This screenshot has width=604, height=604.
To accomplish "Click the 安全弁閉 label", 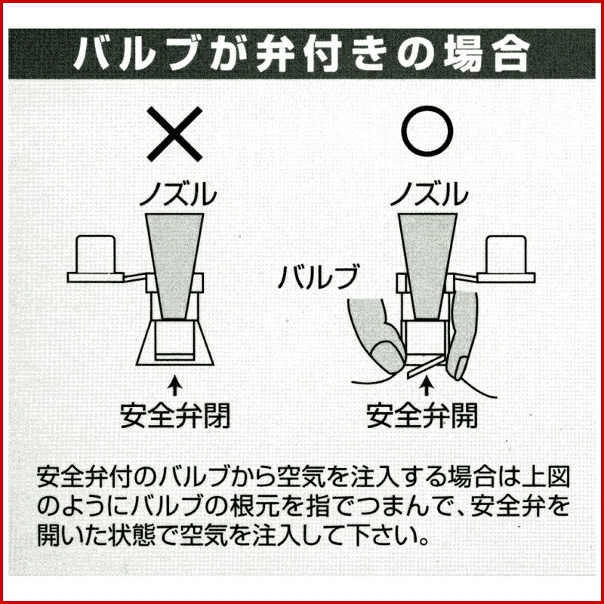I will (175, 414).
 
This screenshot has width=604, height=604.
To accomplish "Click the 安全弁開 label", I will (427, 414).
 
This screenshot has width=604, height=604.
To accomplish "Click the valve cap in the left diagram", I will (96, 257).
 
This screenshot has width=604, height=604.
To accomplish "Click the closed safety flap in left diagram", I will (175, 355).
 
